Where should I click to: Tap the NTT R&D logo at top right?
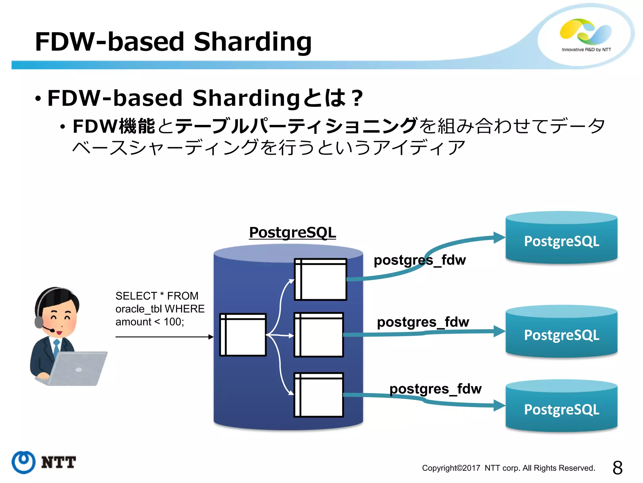click(x=586, y=35)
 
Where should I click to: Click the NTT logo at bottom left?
click(x=44, y=462)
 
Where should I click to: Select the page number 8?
click(x=617, y=468)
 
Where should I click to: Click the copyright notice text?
click(x=508, y=468)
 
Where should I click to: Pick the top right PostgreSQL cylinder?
click(x=561, y=239)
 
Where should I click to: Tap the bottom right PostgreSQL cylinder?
click(x=561, y=408)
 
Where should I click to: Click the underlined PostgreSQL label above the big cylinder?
click(x=292, y=233)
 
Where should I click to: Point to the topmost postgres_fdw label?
click(x=419, y=260)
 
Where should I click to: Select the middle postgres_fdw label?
click(x=423, y=322)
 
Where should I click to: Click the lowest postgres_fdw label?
click(x=435, y=389)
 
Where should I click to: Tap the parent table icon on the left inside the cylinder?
click(x=243, y=335)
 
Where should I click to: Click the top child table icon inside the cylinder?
click(x=320, y=279)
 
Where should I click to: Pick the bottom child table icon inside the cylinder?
click(x=319, y=395)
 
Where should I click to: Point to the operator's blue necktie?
click(x=57, y=347)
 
